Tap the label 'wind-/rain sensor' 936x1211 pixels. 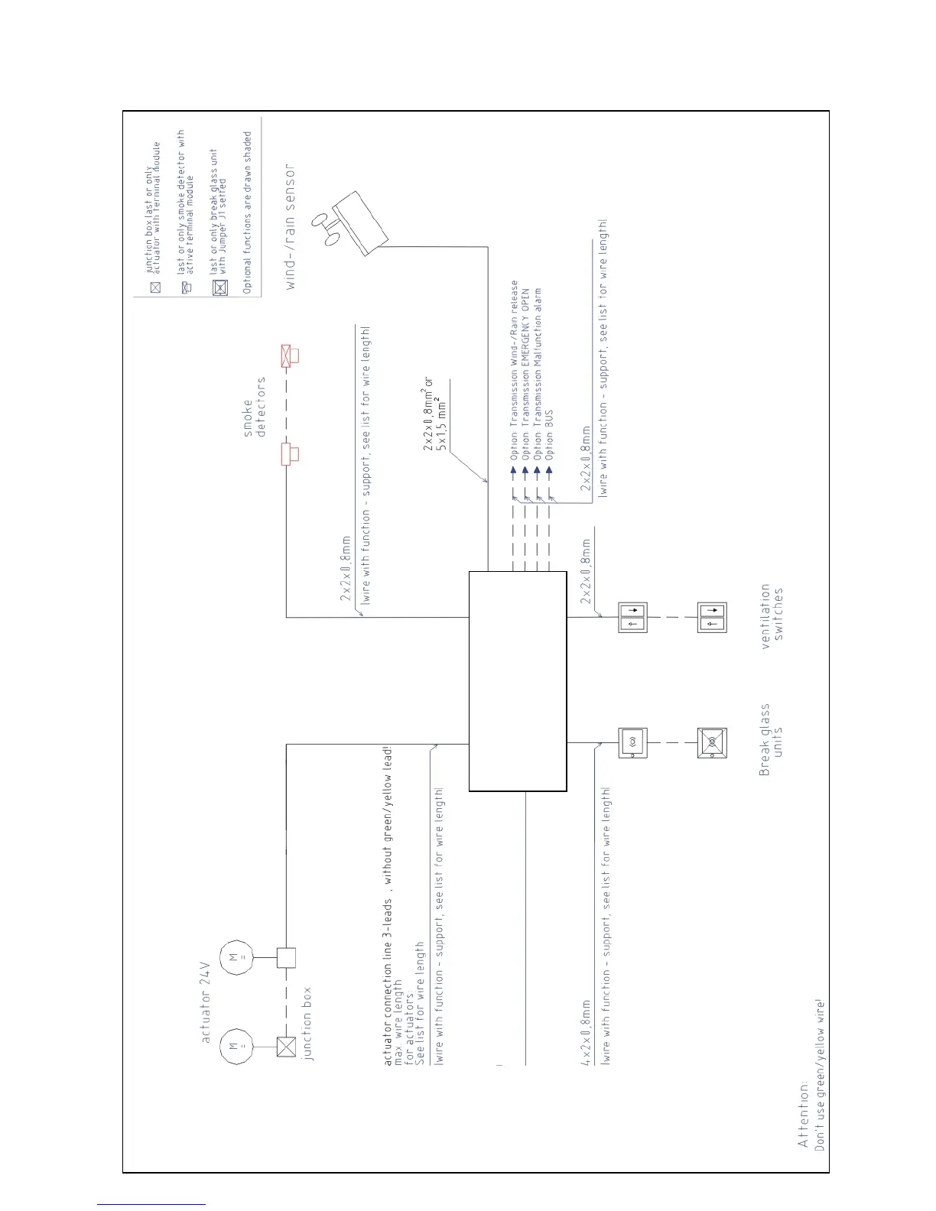pyautogui.click(x=289, y=227)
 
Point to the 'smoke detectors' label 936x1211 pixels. pyautogui.click(x=254, y=407)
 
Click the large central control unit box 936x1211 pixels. pyautogui.click(x=517, y=680)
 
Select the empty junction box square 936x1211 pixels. pyautogui.click(x=286, y=957)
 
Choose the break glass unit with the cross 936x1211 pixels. pyautogui.click(x=711, y=742)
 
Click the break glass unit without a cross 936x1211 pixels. pyautogui.click(x=632, y=742)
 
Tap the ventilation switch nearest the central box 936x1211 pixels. pyautogui.click(x=632, y=618)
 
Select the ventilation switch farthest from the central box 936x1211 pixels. pyautogui.click(x=711, y=618)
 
